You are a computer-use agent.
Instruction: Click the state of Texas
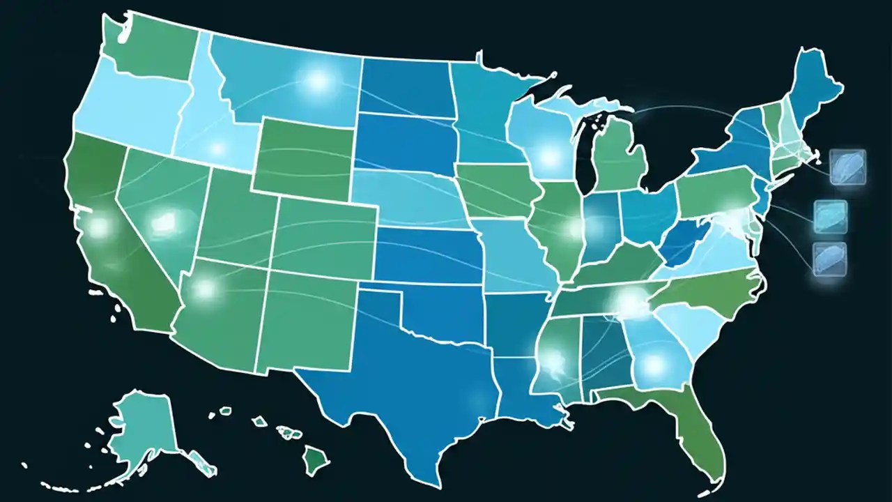coord(411,376)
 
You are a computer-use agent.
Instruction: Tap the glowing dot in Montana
coord(318,82)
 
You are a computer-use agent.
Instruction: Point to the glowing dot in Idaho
coord(217,149)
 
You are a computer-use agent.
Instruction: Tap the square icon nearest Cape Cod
coord(848,167)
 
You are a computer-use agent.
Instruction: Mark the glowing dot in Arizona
coord(206,288)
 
